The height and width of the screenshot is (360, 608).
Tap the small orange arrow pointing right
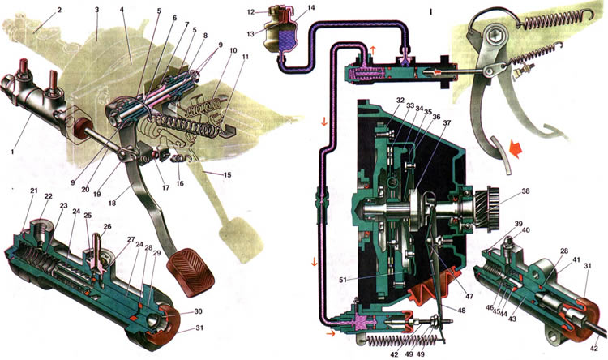click(329, 332)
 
